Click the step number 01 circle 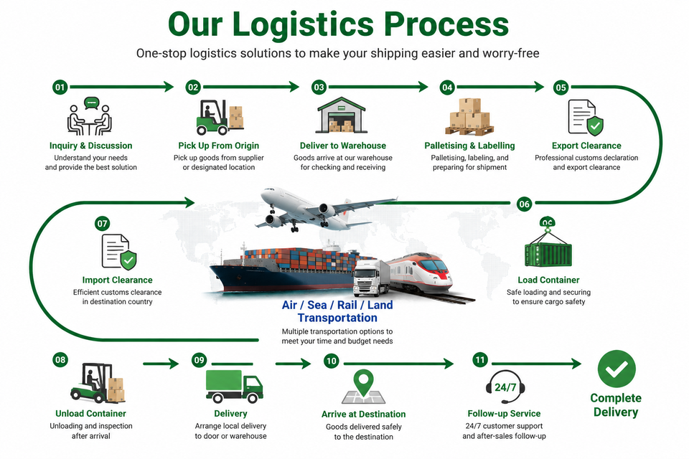(60, 87)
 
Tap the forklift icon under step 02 (220, 118)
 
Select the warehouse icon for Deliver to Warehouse (342, 115)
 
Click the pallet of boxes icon (469, 117)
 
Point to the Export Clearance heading (586, 146)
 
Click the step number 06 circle (524, 204)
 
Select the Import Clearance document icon (119, 252)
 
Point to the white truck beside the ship (372, 278)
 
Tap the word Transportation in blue (337, 318)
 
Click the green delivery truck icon (234, 386)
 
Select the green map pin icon (364, 383)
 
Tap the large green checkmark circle (617, 369)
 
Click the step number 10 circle (331, 361)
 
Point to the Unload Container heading (90, 413)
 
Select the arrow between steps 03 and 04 (378, 87)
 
